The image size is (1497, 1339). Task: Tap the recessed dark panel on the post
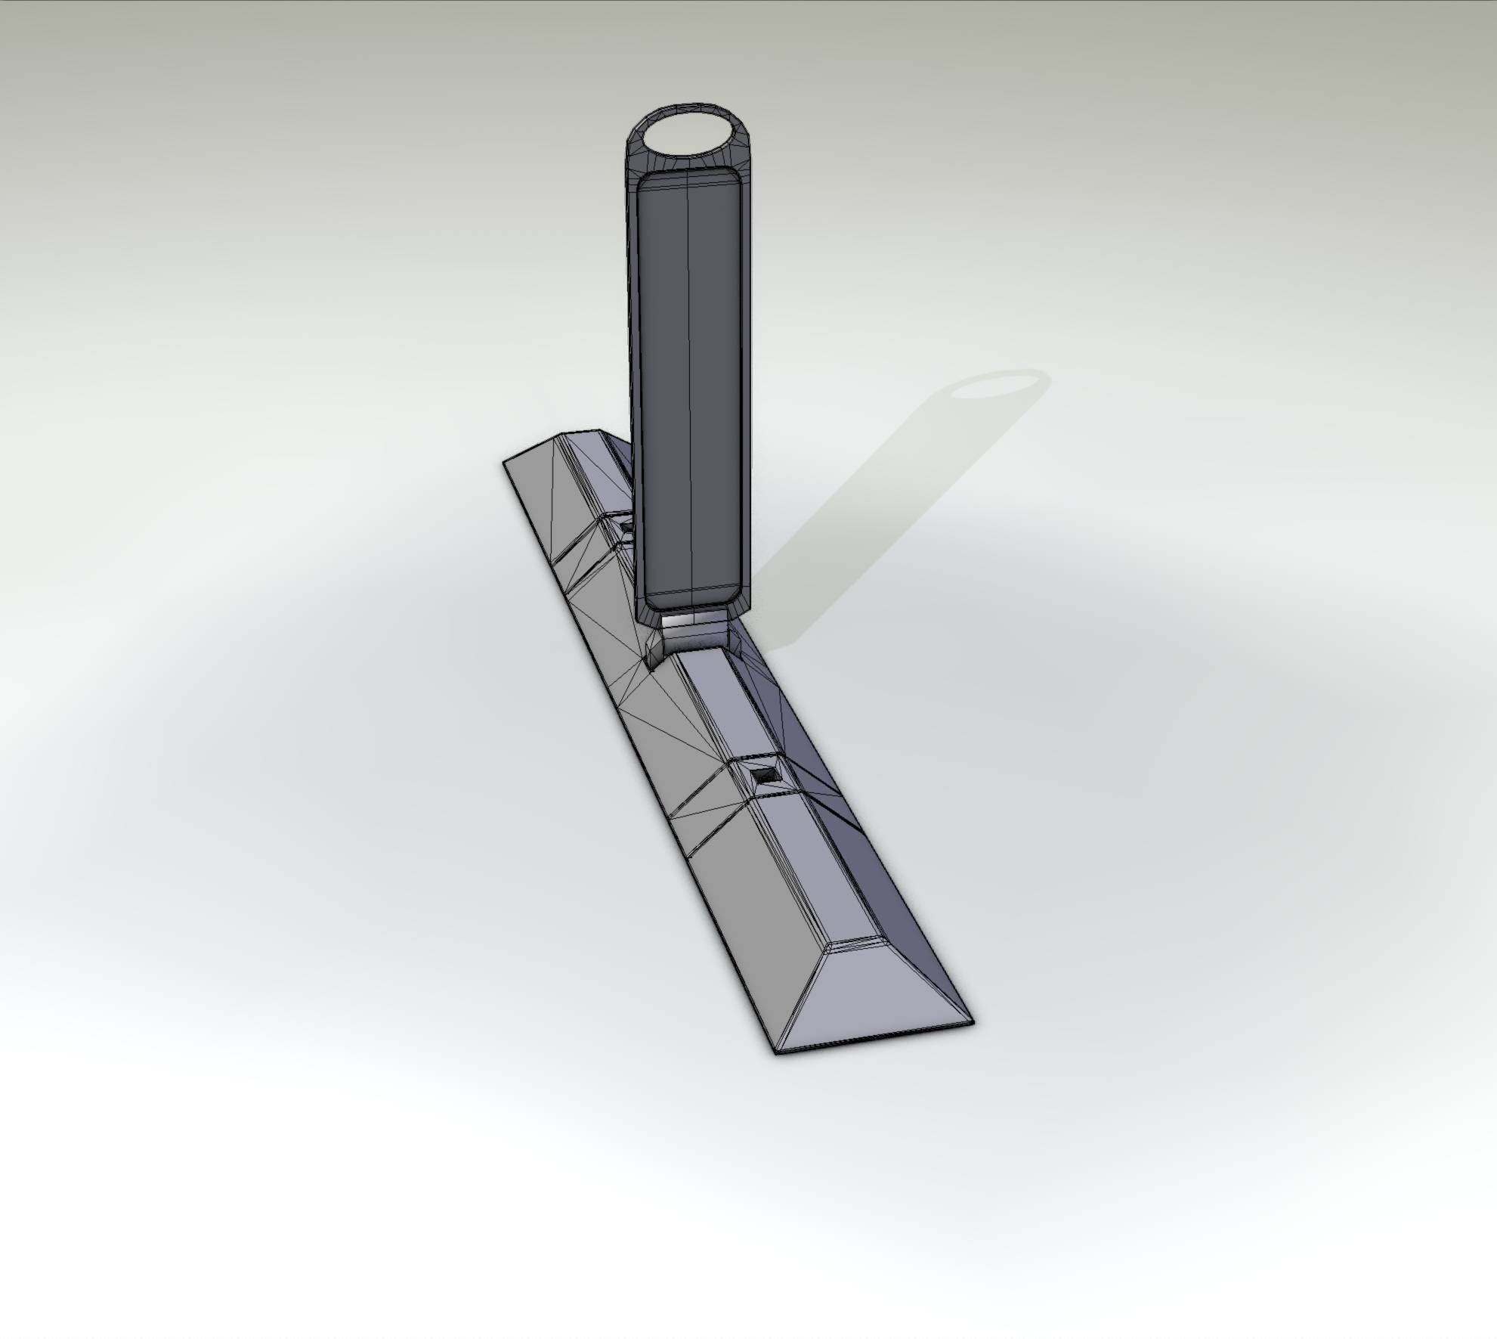click(689, 393)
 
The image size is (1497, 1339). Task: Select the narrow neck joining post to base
click(692, 627)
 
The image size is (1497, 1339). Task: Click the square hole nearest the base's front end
click(762, 775)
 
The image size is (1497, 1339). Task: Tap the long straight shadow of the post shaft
click(869, 514)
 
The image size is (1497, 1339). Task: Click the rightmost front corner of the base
click(973, 1023)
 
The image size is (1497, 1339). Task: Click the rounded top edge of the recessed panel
click(689, 175)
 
